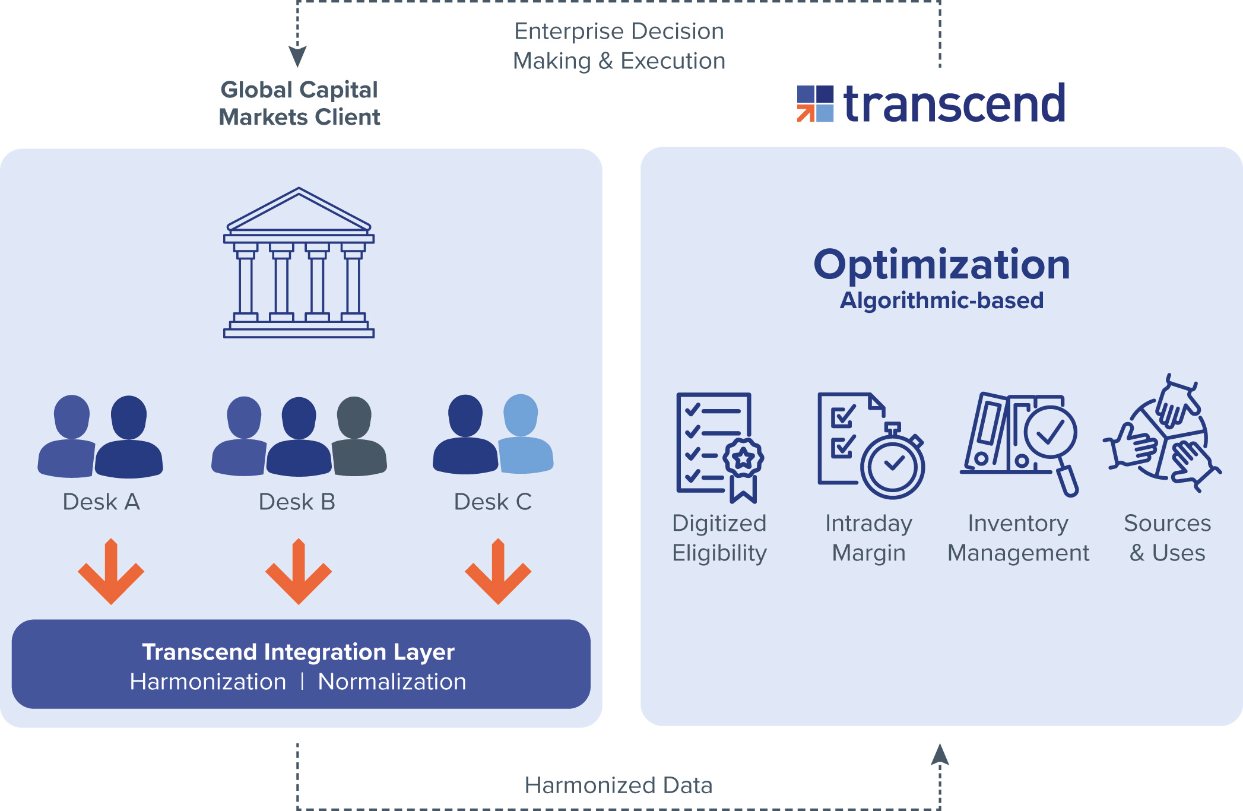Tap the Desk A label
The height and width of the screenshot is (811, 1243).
[102, 502]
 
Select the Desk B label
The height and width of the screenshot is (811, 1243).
[297, 502]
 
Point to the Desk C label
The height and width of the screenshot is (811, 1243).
[493, 502]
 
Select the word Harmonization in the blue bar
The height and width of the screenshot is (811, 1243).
[208, 682]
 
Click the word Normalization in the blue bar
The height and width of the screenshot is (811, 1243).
[392, 682]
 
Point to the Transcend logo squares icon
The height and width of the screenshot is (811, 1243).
[815, 104]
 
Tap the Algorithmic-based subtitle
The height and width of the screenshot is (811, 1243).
[941, 300]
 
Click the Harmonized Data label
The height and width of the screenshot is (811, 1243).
[618, 785]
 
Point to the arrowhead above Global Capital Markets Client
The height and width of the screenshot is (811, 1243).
[297, 56]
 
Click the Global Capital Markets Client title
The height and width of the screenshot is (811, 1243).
[299, 103]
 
